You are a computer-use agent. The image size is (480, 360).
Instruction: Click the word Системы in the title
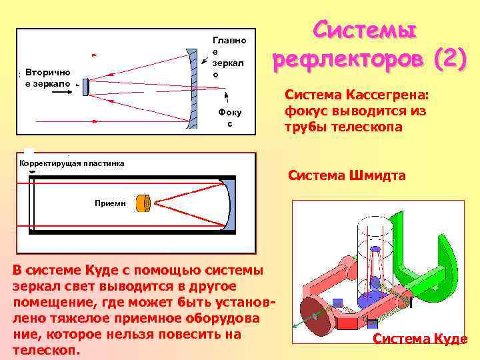pos(365,29)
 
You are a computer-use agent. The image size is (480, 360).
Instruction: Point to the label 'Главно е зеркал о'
pos(229,57)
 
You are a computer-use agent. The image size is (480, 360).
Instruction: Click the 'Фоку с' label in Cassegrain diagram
pos(229,117)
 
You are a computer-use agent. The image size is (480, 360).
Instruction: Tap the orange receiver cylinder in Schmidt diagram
pos(142,203)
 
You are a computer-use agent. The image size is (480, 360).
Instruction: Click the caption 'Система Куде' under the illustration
pos(420,339)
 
